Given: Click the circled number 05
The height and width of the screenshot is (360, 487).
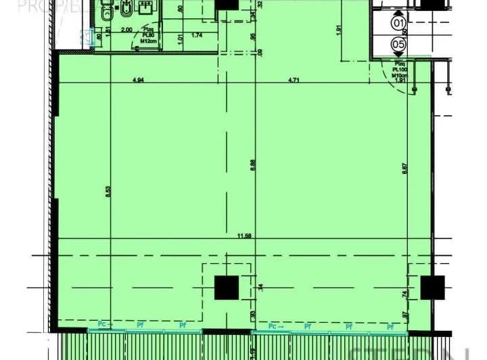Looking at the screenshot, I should pyautogui.click(x=398, y=45).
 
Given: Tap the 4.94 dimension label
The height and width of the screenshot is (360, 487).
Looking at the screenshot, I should pyautogui.click(x=139, y=81).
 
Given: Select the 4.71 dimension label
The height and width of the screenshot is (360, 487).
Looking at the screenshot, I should pyautogui.click(x=294, y=81).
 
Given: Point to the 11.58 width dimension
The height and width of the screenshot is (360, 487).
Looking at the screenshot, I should pyautogui.click(x=245, y=235).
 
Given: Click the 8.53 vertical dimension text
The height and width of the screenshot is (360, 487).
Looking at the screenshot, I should pyautogui.click(x=108, y=192).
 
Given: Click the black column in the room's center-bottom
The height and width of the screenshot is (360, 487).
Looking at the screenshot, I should pyautogui.click(x=227, y=288).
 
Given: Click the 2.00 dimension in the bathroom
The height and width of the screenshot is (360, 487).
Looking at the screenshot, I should pyautogui.click(x=126, y=30).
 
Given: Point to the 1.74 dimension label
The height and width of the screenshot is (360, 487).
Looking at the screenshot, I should pyautogui.click(x=197, y=35).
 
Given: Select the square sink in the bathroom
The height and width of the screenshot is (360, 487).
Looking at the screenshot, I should pyautogui.click(x=147, y=7).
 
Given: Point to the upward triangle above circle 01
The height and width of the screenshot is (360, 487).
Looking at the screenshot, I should pyautogui.click(x=398, y=13).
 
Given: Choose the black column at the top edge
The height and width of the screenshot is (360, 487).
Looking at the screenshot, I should pyautogui.click(x=227, y=3).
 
